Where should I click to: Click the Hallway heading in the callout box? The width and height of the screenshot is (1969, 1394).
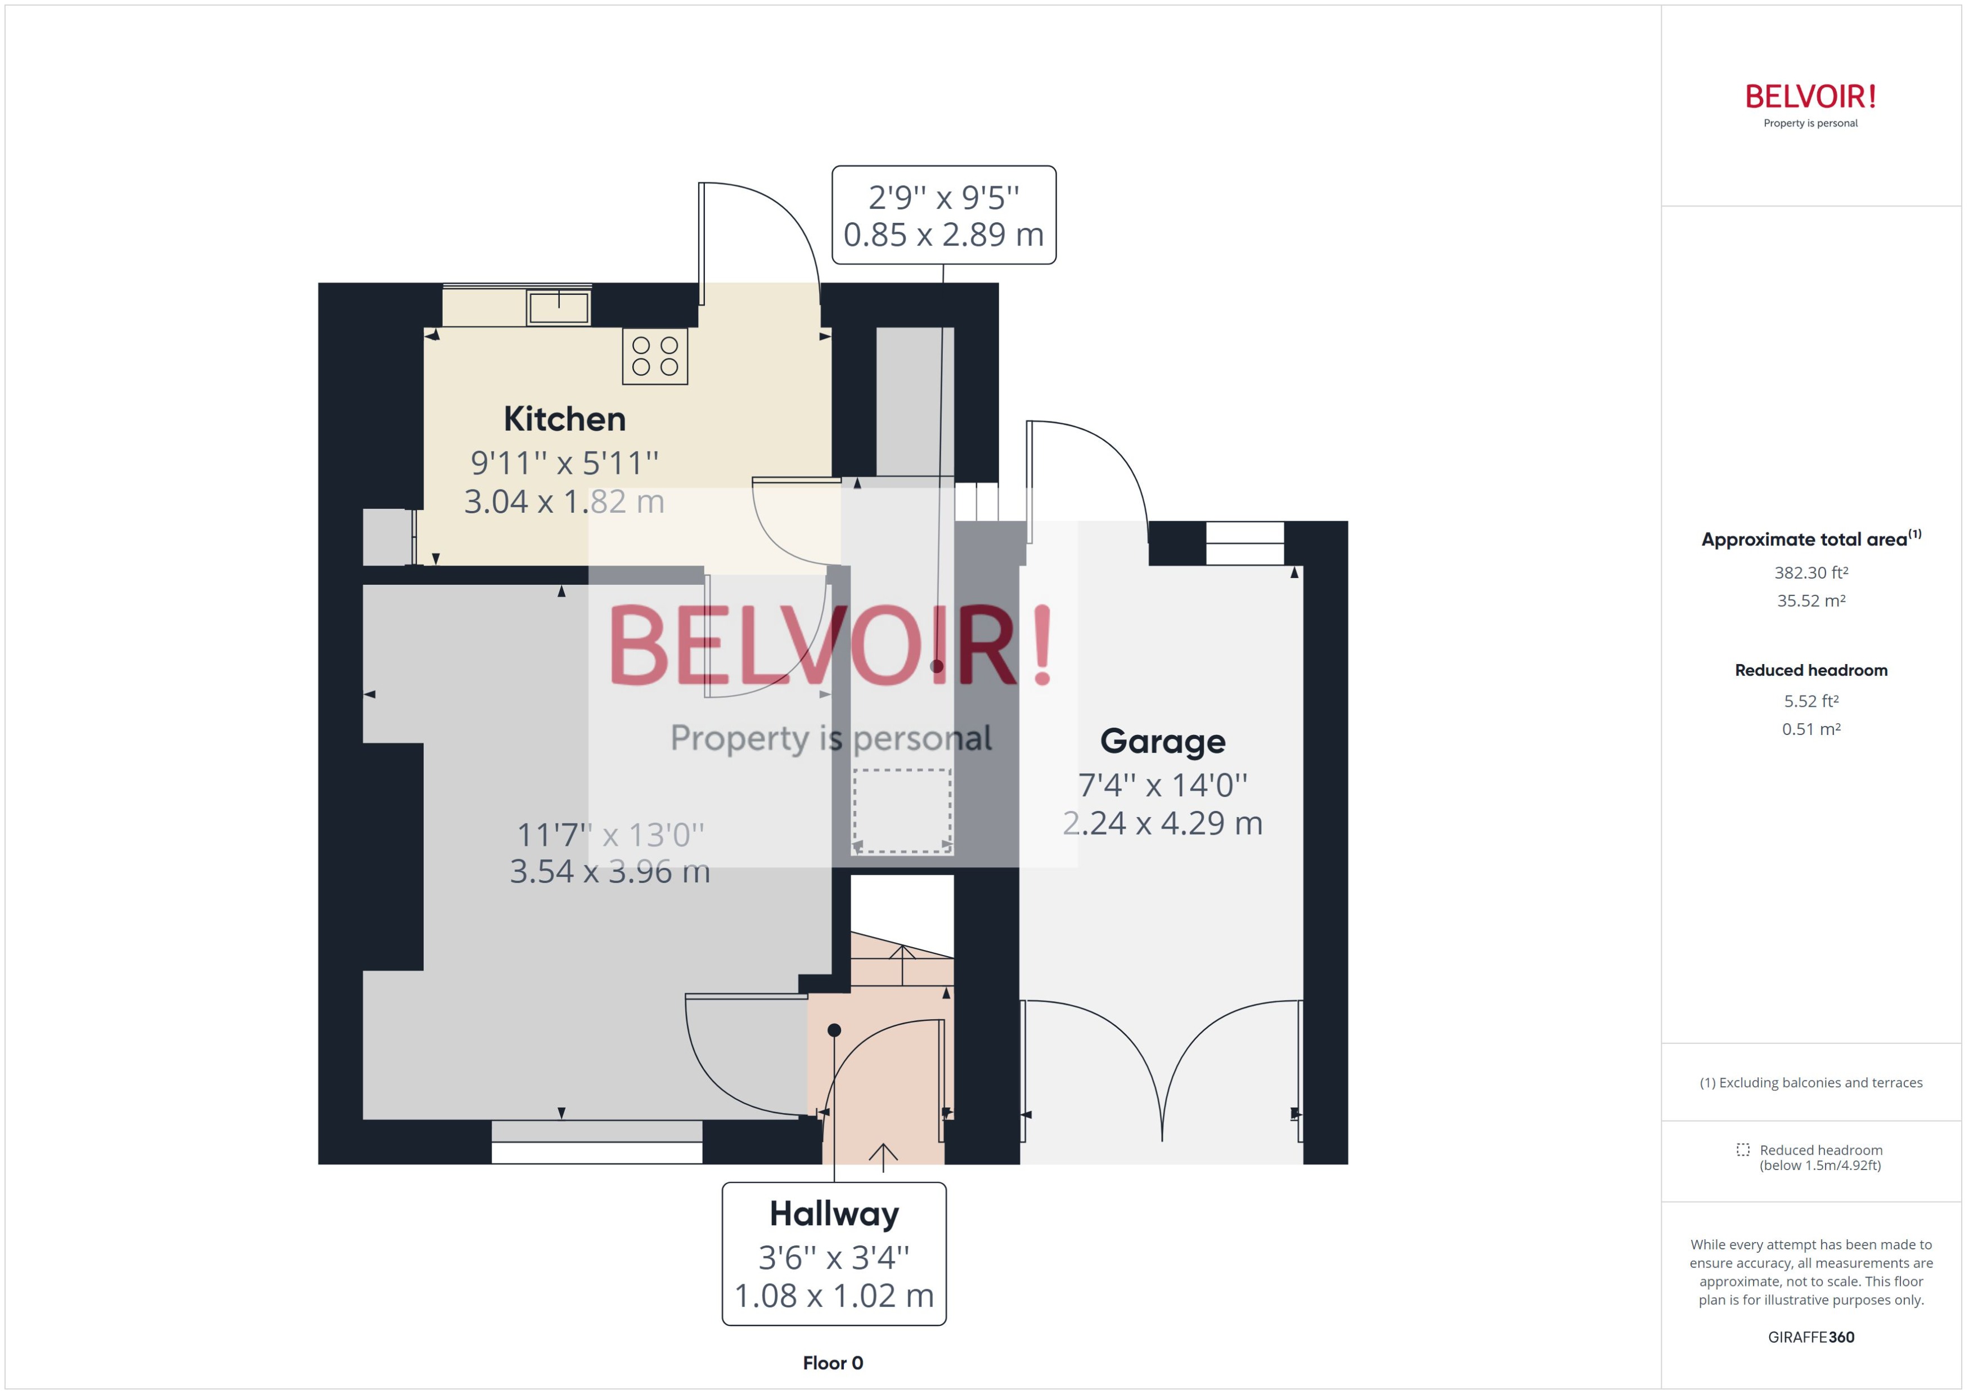[834, 1214]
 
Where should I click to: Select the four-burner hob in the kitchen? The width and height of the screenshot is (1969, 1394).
[655, 356]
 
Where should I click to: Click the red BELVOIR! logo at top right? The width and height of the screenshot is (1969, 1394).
[1810, 96]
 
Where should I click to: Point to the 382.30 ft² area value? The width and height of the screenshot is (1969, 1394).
[1810, 572]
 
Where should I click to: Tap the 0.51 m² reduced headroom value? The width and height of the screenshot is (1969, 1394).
[1810, 729]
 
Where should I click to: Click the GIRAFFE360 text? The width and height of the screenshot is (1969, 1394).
[1810, 1337]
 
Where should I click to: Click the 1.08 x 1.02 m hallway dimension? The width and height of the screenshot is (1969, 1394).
[834, 1296]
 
